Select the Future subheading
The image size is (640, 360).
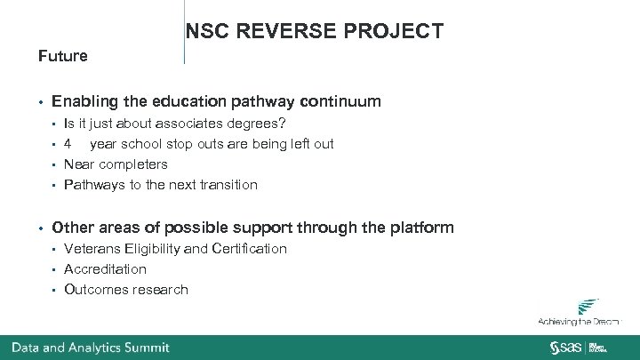coord(63,56)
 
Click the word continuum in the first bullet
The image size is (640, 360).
coord(337,101)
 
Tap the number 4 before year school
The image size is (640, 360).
coord(68,144)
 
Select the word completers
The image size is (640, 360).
coord(133,164)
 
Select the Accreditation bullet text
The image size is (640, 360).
coord(105,269)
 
